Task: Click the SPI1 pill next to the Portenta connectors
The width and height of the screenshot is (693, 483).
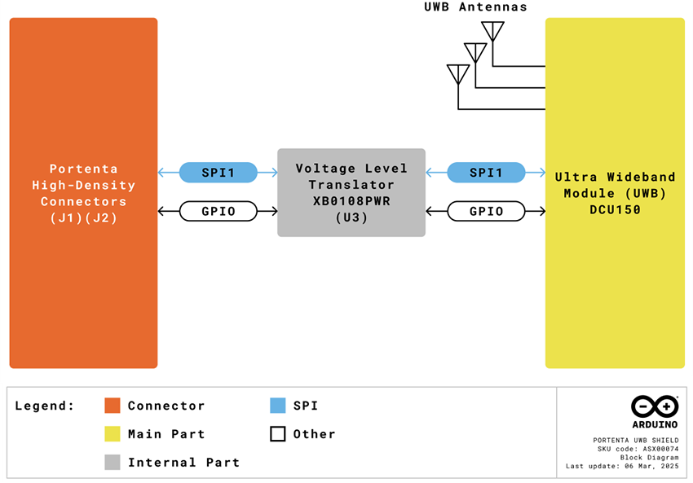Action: click(218, 173)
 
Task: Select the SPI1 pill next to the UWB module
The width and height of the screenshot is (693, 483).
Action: click(486, 173)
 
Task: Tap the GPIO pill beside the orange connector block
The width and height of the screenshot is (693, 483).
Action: click(218, 211)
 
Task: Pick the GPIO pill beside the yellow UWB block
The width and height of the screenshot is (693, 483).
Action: click(486, 211)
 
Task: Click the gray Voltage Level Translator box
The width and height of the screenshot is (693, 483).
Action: click(351, 193)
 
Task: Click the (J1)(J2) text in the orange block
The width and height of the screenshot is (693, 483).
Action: click(83, 217)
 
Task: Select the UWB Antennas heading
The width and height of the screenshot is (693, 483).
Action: click(475, 7)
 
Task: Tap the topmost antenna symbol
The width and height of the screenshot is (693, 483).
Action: click(492, 31)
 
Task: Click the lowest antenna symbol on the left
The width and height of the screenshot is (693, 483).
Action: click(458, 74)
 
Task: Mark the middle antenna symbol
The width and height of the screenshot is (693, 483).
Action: click(475, 53)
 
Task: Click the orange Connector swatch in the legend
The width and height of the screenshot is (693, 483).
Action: click(113, 406)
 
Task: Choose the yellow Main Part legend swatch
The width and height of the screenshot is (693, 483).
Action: click(113, 434)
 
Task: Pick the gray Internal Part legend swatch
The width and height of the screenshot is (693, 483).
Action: click(113, 462)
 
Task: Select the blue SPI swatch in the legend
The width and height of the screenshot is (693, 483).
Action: click(277, 406)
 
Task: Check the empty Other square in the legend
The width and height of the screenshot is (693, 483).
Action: click(277, 434)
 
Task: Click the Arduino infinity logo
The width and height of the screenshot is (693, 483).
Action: click(654, 406)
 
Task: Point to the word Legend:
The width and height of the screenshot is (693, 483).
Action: click(44, 406)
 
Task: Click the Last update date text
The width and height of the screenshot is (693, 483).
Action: click(622, 467)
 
